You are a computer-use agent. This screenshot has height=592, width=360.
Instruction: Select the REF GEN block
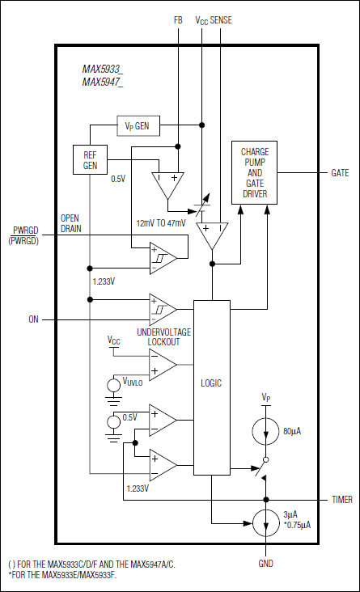[90, 159]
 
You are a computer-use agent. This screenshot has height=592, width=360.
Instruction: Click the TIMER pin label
[341, 500]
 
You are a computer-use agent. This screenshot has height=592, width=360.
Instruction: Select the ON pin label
[34, 319]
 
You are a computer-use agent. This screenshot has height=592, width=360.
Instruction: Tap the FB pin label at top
[178, 19]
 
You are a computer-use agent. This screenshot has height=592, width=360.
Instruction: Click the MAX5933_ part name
[103, 70]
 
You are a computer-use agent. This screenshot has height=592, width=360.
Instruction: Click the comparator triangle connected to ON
[163, 308]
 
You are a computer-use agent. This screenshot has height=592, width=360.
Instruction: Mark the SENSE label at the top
[221, 19]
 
